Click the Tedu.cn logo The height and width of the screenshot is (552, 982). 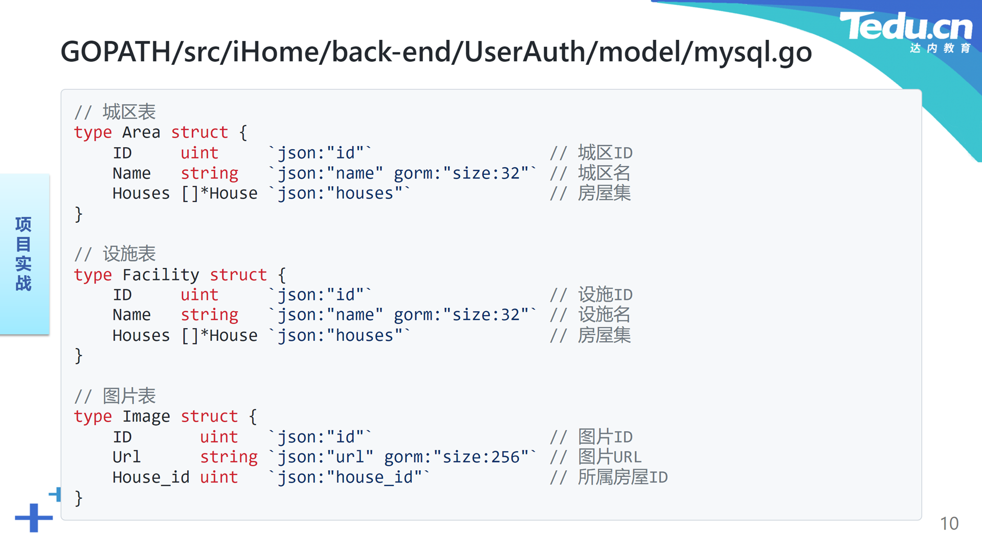tap(906, 32)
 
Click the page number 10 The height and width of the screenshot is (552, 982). tap(949, 523)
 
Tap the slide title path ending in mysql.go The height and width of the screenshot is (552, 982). tap(436, 52)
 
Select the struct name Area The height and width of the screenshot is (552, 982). tap(141, 132)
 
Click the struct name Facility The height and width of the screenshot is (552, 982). tap(161, 275)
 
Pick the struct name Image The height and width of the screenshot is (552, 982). tap(146, 417)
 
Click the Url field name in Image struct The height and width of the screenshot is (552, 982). tap(126, 457)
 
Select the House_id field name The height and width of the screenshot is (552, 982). tap(151, 477)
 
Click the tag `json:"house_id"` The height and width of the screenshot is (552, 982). tap(349, 477)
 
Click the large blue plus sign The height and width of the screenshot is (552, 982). tap(34, 518)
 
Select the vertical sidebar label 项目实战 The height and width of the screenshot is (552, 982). tap(24, 254)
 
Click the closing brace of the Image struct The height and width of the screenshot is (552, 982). tap(78, 498)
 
